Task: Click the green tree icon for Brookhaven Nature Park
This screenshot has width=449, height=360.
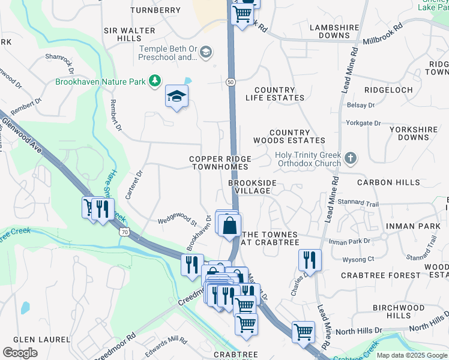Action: click(155, 80)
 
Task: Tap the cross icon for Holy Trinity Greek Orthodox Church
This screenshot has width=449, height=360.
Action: click(351, 159)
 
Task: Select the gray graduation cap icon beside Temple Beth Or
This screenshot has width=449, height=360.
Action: click(206, 53)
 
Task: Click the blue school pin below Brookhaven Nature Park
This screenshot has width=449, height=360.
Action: click(176, 97)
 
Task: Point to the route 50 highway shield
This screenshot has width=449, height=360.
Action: click(231, 81)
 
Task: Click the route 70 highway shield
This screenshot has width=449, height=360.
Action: click(124, 231)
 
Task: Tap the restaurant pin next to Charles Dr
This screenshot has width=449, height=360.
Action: click(310, 259)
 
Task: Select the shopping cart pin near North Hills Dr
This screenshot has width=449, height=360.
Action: click(303, 331)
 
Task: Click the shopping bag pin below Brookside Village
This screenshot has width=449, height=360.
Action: click(230, 226)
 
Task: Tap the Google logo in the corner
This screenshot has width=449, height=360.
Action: click(20, 353)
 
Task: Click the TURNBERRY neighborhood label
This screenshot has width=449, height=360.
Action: click(155, 10)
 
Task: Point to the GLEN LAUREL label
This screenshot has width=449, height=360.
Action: click(37, 339)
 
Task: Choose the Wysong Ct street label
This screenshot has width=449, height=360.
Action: click(358, 259)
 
